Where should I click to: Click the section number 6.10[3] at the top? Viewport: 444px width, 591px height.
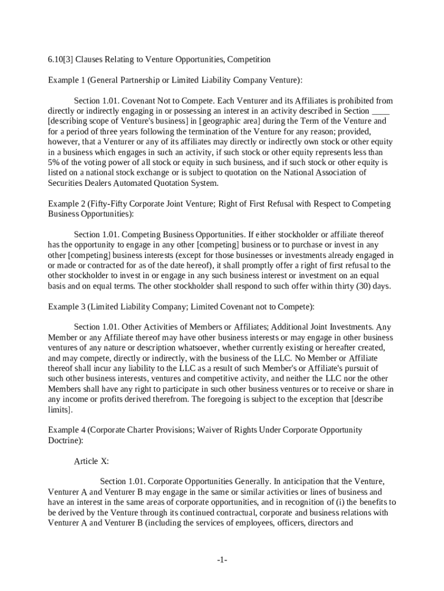(x=60, y=59)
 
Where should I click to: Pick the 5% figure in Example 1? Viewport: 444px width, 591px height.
(x=54, y=163)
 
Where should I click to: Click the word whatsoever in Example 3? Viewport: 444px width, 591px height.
(x=197, y=348)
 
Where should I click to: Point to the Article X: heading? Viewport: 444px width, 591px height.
(x=92, y=461)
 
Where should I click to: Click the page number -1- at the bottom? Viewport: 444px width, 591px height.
(x=222, y=560)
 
